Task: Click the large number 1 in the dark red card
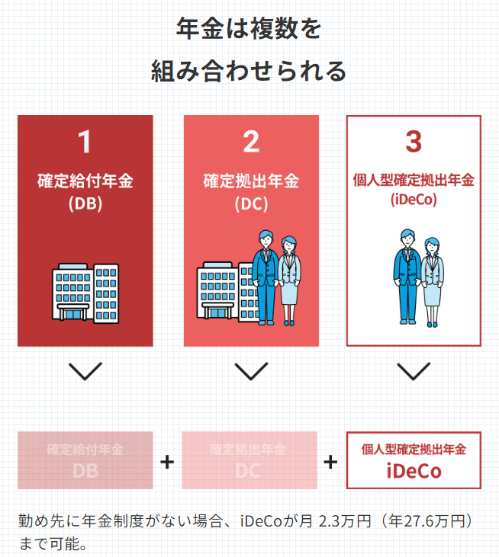coord(85,142)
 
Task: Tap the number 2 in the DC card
coord(251,142)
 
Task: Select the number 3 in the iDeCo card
coord(414,142)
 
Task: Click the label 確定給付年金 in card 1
coord(85,182)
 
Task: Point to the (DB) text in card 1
coord(85,203)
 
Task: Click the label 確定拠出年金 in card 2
coord(251,182)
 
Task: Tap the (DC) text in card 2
coord(251,203)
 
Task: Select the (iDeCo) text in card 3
coord(414,200)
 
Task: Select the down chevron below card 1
coord(85,371)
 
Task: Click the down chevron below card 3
coord(414,371)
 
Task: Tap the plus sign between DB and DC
coord(167,462)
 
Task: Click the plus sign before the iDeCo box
coord(331,462)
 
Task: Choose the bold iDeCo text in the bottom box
coord(414,471)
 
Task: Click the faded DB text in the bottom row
coord(85,471)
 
